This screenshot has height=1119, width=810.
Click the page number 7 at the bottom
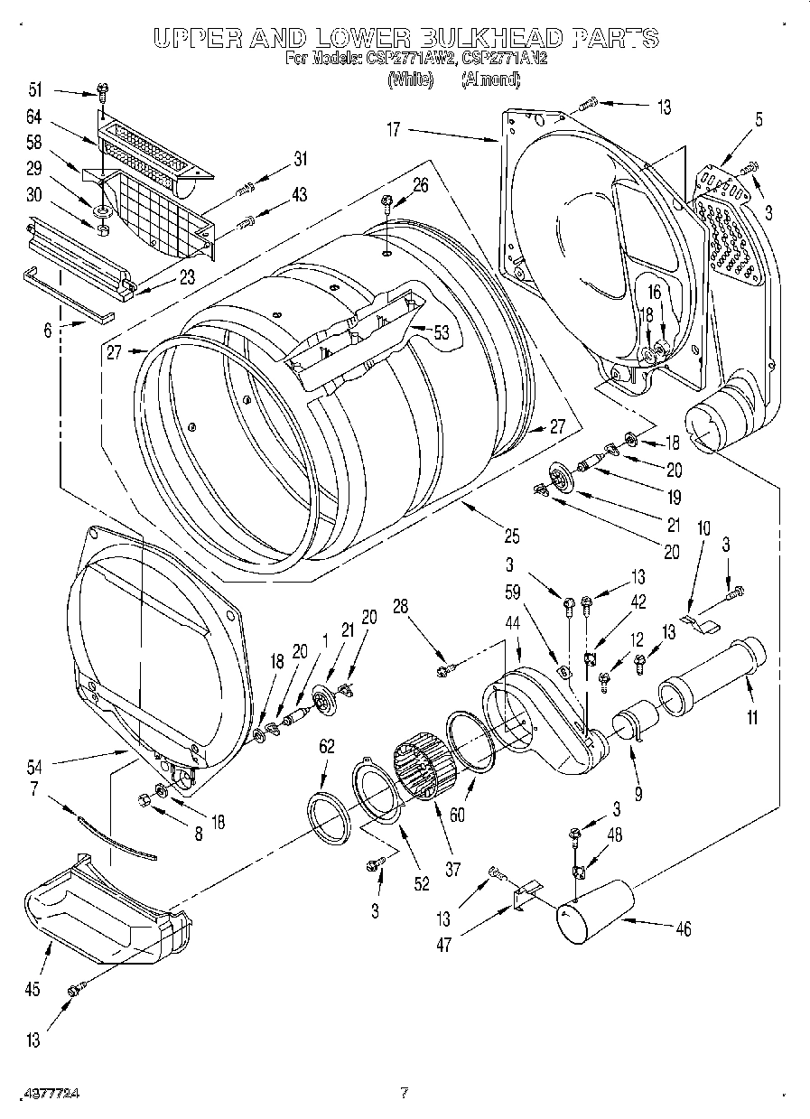(404, 1093)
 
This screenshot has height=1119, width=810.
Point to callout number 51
(35, 89)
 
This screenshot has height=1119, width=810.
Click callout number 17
(394, 130)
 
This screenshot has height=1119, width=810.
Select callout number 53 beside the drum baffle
(441, 332)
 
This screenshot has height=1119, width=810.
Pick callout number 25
(511, 536)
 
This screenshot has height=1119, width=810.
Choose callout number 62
(326, 746)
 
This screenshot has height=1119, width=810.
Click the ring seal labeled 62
(331, 817)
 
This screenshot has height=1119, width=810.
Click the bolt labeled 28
(445, 669)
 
